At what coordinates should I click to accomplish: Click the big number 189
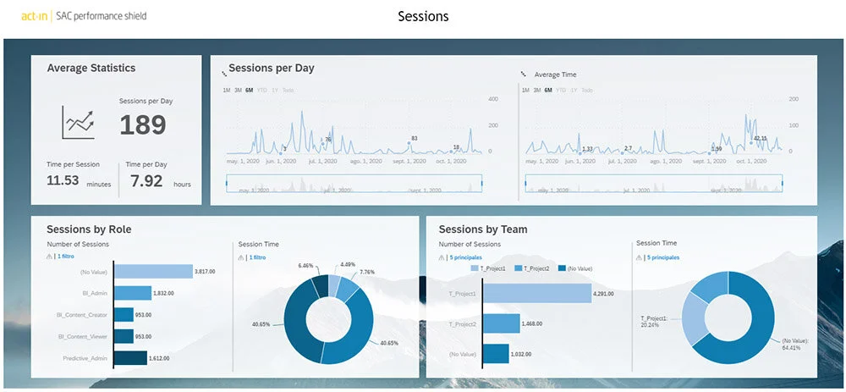(142, 124)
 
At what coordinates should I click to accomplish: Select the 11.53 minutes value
(63, 180)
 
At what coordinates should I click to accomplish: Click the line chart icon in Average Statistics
(78, 122)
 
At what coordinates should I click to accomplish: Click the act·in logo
(34, 16)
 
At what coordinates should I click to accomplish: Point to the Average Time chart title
(555, 75)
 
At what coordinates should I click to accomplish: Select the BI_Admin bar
(133, 293)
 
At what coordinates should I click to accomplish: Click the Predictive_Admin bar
(130, 358)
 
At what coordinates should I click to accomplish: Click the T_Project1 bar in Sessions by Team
(537, 294)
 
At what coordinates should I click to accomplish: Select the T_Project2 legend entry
(535, 268)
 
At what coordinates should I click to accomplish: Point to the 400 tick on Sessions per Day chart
(492, 99)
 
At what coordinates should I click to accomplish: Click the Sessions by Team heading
(483, 229)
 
